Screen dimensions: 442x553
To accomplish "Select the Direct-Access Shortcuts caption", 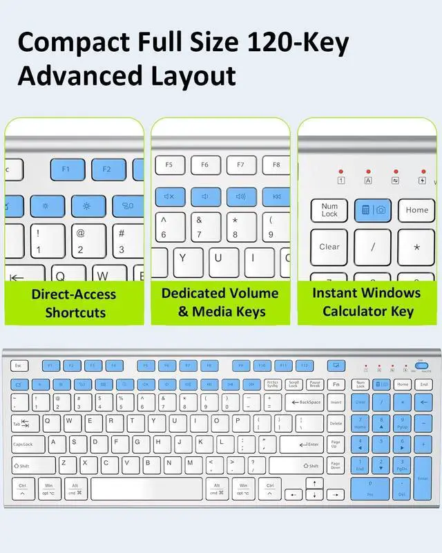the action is click(75, 303).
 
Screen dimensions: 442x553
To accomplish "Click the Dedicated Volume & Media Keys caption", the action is click(220, 302).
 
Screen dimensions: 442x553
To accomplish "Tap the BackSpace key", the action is click(303, 402).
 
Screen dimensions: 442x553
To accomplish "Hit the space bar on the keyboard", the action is click(146, 489).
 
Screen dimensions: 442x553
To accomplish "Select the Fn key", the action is click(336, 384).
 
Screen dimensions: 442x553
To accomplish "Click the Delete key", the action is click(336, 423).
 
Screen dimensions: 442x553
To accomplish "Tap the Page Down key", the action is click(336, 465).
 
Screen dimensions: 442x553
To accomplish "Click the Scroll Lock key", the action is click(294, 384).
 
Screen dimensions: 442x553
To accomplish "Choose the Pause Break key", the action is click(315, 384).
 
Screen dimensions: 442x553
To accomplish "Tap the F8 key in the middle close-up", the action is click(276, 165).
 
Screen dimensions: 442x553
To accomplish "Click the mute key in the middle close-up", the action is click(169, 196).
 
